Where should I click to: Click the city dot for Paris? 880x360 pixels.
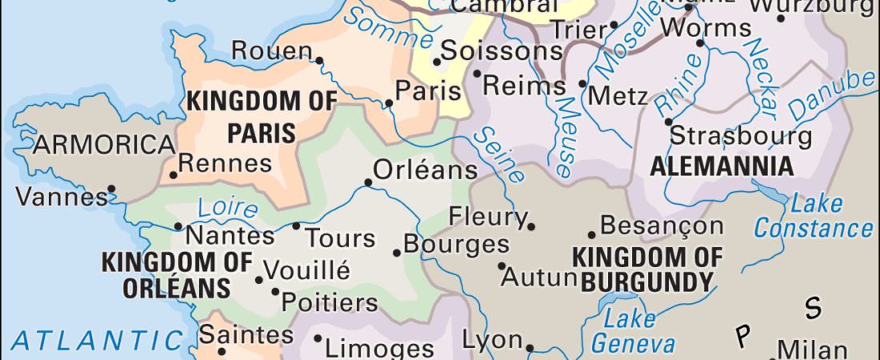point(390,103)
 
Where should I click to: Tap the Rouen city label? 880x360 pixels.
point(271,52)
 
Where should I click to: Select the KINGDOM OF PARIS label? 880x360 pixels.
point(250,117)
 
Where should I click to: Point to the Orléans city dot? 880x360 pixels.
point(368,182)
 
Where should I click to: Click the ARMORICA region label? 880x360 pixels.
point(104,146)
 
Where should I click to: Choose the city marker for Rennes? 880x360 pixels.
point(173,174)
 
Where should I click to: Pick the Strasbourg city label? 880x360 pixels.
point(740,135)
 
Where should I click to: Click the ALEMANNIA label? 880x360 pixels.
point(722,167)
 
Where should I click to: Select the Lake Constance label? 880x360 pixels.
point(814,216)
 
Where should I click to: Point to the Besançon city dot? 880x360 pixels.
point(592,234)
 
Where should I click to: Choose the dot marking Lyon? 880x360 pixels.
point(530,348)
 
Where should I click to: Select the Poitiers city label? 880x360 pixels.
point(330,303)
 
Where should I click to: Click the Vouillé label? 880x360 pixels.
point(306,270)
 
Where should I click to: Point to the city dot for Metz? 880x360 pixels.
point(582,83)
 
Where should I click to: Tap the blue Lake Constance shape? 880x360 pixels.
point(771,194)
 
